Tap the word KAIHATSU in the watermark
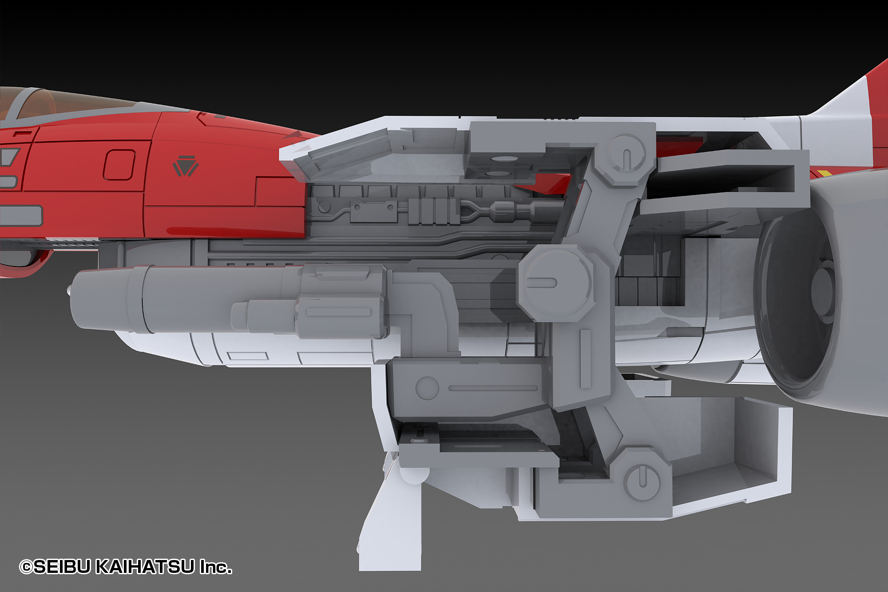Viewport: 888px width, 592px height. click(145, 567)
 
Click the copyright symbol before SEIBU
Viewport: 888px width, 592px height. click(26, 567)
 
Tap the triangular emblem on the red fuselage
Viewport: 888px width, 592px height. click(186, 166)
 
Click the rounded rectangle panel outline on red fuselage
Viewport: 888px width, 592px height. click(119, 165)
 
